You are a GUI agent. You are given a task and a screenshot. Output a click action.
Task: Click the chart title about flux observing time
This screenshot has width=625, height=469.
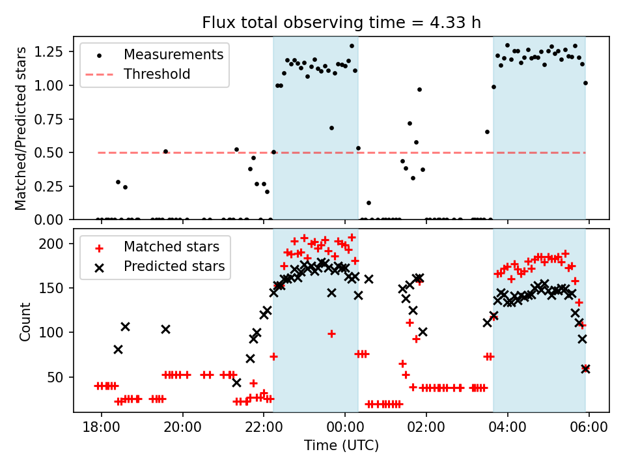point(341,23)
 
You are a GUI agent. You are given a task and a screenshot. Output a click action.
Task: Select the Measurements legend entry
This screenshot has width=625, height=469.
point(173,54)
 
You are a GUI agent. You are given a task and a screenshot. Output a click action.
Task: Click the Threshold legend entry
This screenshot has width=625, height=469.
point(157,74)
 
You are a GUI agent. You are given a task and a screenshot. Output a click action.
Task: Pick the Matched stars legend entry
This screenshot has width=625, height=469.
point(171,247)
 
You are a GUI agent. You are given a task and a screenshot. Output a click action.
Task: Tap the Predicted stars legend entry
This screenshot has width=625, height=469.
point(174,266)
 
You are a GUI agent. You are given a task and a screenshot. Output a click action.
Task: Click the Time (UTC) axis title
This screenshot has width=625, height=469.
point(341,446)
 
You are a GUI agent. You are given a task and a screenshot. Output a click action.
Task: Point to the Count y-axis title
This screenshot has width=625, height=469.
point(25,321)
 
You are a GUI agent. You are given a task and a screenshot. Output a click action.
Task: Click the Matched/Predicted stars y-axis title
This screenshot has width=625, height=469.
point(21,128)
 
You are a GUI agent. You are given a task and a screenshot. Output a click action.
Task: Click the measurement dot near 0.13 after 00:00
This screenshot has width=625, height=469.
point(368,203)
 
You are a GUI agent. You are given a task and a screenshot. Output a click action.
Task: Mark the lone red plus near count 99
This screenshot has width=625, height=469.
point(331,334)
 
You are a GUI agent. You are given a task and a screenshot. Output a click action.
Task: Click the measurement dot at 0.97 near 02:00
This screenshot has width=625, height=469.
point(419,89)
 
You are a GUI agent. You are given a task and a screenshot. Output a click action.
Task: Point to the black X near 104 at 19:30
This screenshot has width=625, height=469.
point(165,329)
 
